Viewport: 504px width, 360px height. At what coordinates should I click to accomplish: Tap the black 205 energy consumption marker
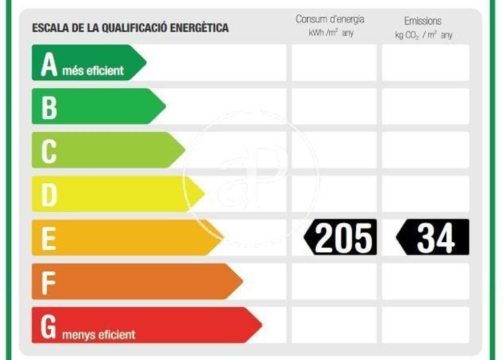(x=341, y=237)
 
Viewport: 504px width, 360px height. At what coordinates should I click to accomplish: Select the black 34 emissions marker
(x=433, y=237)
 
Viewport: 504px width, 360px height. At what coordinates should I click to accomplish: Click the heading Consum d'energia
(x=330, y=19)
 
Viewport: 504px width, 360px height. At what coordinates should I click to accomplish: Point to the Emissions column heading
(x=423, y=21)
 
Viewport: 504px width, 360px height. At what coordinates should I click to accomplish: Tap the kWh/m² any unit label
(x=331, y=33)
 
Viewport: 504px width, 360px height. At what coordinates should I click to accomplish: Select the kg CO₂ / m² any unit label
(x=423, y=35)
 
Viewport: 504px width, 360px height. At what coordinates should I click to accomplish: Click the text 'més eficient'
(x=93, y=71)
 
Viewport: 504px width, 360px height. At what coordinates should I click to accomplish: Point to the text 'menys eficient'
(x=98, y=335)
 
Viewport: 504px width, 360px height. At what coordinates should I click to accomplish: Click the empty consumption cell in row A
(x=334, y=63)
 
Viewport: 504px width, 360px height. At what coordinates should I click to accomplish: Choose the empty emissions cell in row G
(x=426, y=325)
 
